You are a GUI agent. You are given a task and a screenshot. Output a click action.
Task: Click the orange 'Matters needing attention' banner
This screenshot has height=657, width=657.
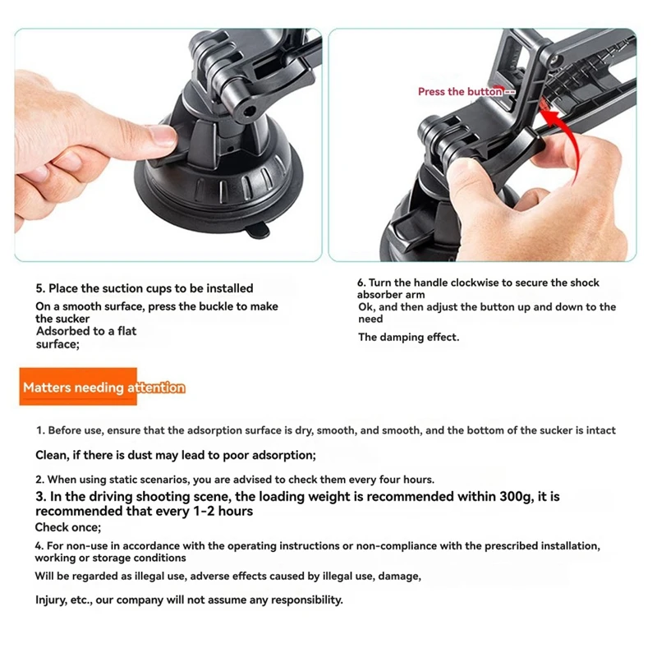(103, 388)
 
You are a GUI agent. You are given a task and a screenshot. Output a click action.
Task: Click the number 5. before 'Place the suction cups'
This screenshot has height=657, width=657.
(40, 288)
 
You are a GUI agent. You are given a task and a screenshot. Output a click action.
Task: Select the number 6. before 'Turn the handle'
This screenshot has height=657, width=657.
(361, 283)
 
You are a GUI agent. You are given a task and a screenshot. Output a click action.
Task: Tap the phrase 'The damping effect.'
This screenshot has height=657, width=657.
(408, 337)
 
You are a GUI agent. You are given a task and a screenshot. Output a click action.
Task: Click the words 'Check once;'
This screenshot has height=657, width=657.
(68, 527)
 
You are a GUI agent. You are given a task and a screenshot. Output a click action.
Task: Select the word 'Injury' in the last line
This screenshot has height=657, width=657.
(52, 600)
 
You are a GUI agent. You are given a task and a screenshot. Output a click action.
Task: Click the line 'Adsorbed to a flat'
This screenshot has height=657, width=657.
(86, 331)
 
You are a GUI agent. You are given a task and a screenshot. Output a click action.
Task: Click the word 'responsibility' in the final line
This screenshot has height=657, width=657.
(303, 600)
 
